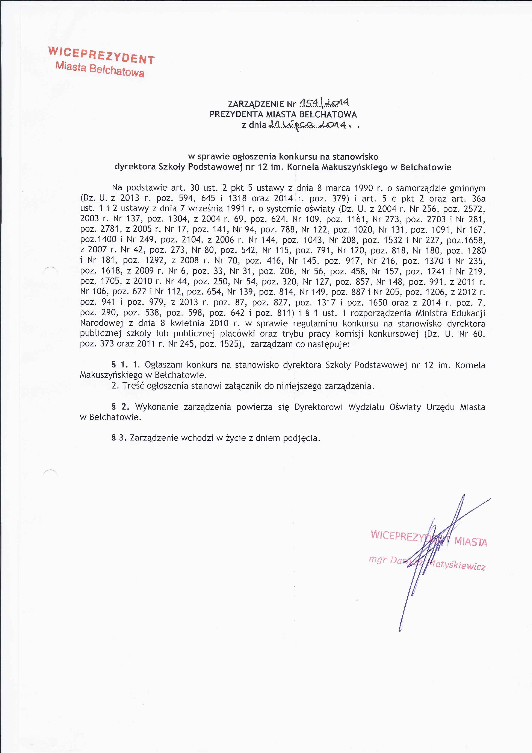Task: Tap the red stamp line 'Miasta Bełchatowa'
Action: pos(100,69)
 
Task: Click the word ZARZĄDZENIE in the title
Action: pos(256,104)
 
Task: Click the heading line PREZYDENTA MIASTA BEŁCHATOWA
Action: pos(283,114)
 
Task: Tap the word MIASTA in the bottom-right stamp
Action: pos(470,542)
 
